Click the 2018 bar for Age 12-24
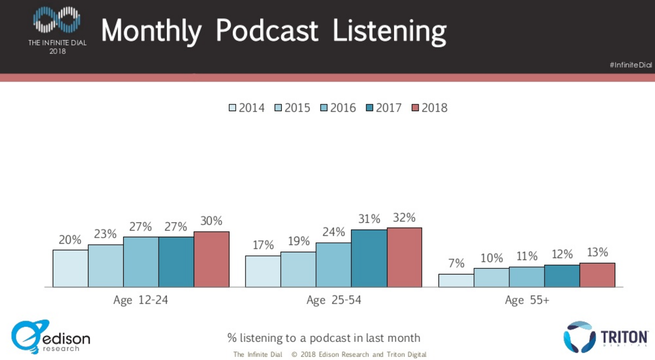(211, 259)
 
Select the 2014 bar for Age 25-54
(263, 271)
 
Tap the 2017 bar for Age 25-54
(369, 258)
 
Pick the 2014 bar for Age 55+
(456, 281)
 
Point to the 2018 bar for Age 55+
(597, 275)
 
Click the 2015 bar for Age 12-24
(106, 266)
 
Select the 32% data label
(404, 217)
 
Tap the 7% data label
(456, 263)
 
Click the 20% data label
(70, 240)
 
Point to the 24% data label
(334, 232)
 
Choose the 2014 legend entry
(247, 108)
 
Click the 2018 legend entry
(429, 108)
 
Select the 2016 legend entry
(338, 108)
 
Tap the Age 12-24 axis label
(140, 300)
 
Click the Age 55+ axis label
(527, 300)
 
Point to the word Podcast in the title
(267, 30)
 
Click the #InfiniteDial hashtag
(630, 65)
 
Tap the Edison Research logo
(50, 337)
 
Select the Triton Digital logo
(605, 337)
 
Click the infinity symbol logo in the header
(57, 20)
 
